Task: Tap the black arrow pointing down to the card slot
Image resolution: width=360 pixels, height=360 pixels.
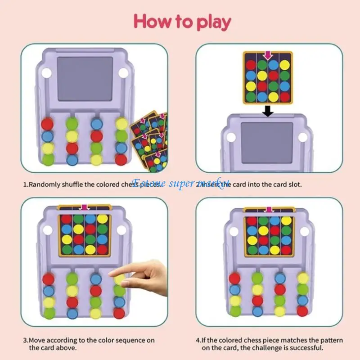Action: pos(268,110)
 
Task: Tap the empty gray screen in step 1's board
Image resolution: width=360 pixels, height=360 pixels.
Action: pos(85,79)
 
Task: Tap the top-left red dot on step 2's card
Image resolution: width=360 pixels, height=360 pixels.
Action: pos(251,65)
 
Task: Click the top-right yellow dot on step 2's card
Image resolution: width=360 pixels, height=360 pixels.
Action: pos(284,65)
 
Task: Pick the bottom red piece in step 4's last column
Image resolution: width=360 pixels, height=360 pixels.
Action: pos(302,310)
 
